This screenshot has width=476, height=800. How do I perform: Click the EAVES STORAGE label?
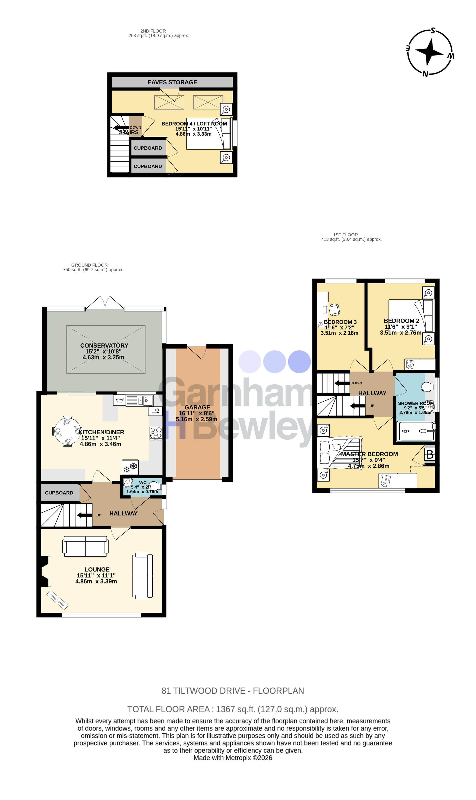(x=172, y=82)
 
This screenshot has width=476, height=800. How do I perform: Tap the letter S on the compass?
(x=433, y=31)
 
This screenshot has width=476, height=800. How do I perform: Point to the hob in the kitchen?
(x=156, y=433)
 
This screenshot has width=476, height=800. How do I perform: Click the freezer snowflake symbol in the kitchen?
(x=130, y=467)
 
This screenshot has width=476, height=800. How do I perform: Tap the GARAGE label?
(x=197, y=407)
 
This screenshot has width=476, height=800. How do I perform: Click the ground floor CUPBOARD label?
(x=59, y=493)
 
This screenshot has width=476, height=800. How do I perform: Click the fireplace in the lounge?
(x=45, y=571)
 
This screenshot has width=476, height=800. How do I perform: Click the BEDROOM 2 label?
(x=402, y=321)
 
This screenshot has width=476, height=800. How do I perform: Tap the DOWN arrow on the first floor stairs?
(x=342, y=383)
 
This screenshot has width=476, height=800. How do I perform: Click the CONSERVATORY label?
(x=104, y=345)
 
